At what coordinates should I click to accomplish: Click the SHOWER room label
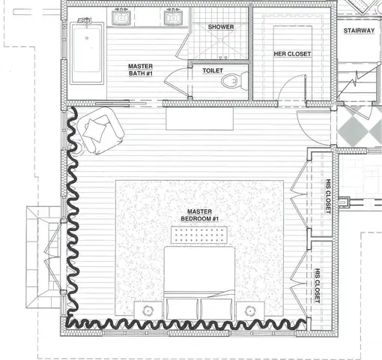tap(221, 27)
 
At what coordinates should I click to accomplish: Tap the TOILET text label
tap(213, 70)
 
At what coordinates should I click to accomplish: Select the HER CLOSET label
tap(292, 54)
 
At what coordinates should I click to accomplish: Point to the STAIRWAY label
tap(359, 31)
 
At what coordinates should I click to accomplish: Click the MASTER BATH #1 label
tap(141, 70)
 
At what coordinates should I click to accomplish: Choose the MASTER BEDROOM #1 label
tap(200, 215)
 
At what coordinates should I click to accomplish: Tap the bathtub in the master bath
tap(87, 53)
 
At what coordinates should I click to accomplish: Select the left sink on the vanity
tap(121, 17)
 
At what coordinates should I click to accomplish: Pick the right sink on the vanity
tap(174, 17)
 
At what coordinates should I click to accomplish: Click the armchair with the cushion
tap(100, 130)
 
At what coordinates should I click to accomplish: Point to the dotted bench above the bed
tap(199, 235)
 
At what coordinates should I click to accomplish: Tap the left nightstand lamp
tap(148, 310)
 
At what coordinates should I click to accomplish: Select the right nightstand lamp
tap(250, 310)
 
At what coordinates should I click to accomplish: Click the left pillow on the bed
tap(182, 309)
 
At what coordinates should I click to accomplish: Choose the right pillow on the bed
tap(216, 309)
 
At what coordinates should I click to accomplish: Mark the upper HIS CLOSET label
tap(328, 196)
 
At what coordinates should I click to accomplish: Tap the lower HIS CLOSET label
tap(318, 286)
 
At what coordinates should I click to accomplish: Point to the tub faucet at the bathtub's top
tap(85, 20)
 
